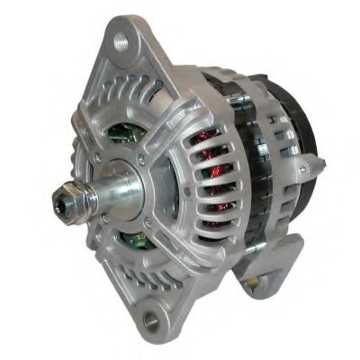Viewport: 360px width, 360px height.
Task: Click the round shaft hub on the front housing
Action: (135, 184)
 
